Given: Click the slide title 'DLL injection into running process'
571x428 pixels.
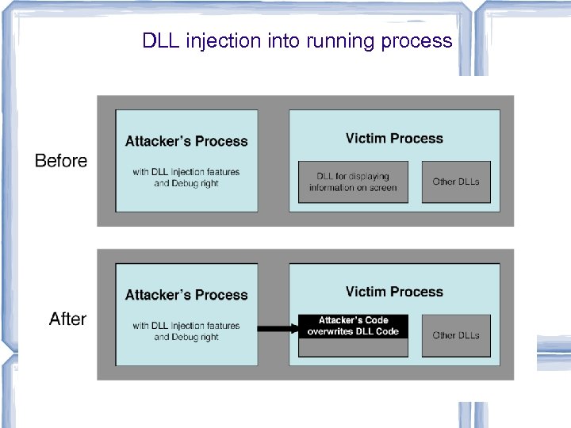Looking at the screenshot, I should pyautogui.click(x=297, y=40).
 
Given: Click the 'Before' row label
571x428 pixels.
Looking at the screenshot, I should pyautogui.click(x=61, y=161).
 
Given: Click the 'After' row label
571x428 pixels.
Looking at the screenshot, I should pyautogui.click(x=67, y=319).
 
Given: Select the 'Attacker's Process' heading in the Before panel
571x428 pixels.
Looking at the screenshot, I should pyautogui.click(x=186, y=142).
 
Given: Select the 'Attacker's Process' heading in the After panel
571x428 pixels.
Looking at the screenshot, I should pyautogui.click(x=186, y=295).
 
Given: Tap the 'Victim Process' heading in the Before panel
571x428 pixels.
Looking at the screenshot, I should pyautogui.click(x=394, y=139).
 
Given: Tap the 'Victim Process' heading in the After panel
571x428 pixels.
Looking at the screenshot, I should pyautogui.click(x=394, y=292).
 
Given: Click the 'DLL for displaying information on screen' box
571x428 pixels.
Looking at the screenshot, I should pyautogui.click(x=353, y=182).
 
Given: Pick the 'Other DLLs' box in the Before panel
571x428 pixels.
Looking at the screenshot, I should pyautogui.click(x=456, y=182).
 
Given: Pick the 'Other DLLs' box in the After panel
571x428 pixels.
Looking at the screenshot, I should pyautogui.click(x=456, y=335).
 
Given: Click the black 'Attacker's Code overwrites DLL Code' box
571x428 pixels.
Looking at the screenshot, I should pyautogui.click(x=353, y=326).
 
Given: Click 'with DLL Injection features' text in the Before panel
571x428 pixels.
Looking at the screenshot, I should pyautogui.click(x=186, y=171).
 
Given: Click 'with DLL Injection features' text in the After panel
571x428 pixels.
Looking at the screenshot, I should pyautogui.click(x=186, y=325).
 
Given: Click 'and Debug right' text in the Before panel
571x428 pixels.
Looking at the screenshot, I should pyautogui.click(x=186, y=183).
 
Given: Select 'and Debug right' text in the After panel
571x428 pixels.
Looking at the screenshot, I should pyautogui.click(x=186, y=337).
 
